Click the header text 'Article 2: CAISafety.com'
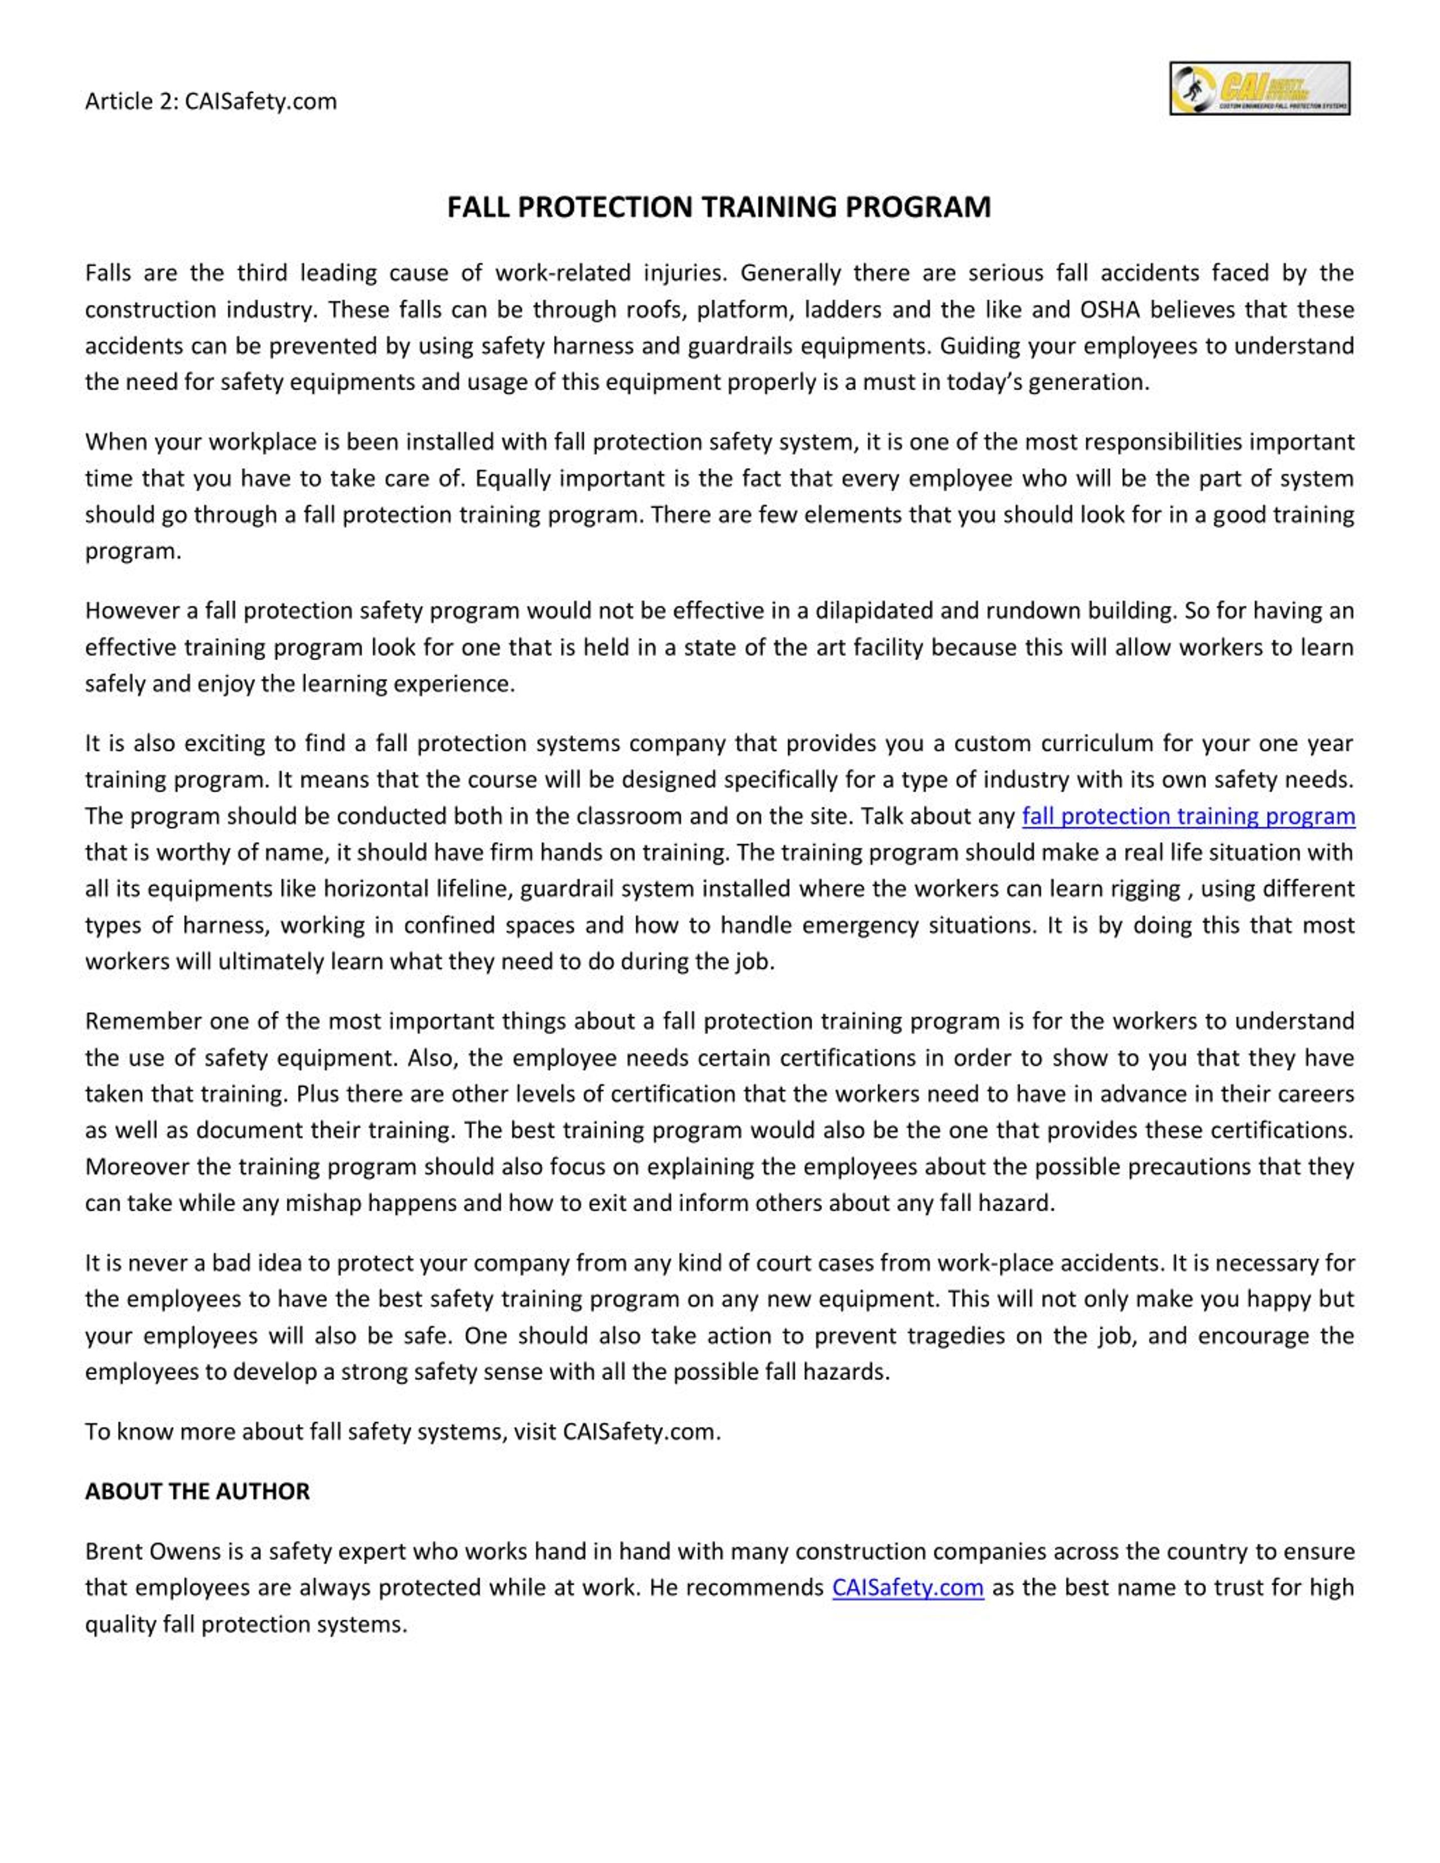[211, 102]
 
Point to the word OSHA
[1109, 310]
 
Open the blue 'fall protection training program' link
[1189, 817]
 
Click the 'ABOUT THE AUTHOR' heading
[197, 1491]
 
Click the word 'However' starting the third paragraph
[130, 611]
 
